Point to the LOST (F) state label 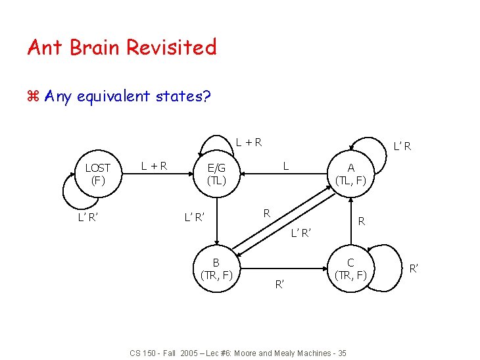pos(98,173)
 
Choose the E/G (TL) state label pos(216,174)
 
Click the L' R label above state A pos(402,145)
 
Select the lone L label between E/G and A pos(285,166)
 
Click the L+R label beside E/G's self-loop pos(250,141)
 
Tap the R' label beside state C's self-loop pos(414,269)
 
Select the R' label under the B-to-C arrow pos(279,284)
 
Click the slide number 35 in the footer pos(341,353)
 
